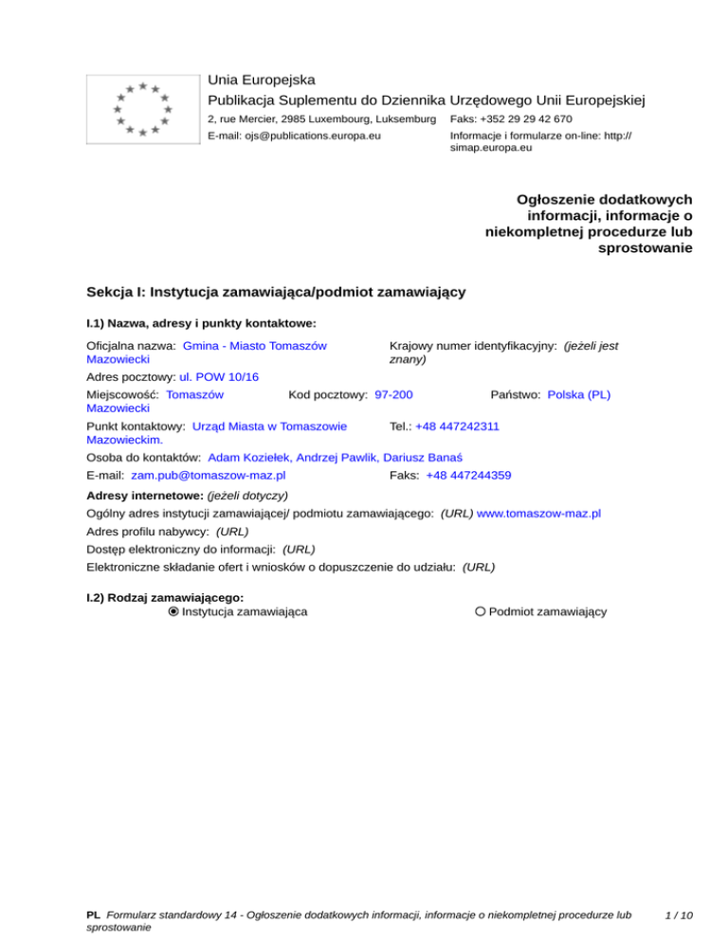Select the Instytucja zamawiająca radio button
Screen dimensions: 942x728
[x=173, y=612]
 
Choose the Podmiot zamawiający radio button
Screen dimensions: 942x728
[x=481, y=612]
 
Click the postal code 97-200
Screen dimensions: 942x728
[x=393, y=392]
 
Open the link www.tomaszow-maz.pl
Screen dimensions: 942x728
[x=538, y=514]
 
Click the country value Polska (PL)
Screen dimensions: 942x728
[x=578, y=392]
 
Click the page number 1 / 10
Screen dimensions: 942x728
[x=679, y=915]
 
